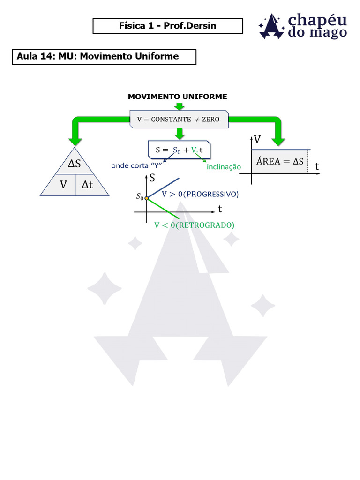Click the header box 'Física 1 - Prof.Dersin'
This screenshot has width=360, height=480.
pyautogui.click(x=168, y=26)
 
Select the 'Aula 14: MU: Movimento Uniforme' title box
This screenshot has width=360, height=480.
pyautogui.click(x=104, y=57)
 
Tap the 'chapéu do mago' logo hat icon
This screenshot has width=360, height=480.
pyautogui.click(x=271, y=27)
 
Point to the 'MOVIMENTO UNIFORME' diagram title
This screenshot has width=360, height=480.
pyautogui.click(x=177, y=97)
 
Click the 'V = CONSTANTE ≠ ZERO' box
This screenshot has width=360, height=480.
pyautogui.click(x=178, y=119)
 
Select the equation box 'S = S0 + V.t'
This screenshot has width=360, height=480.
pyautogui.click(x=179, y=150)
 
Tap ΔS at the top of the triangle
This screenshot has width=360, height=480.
pyautogui.click(x=75, y=164)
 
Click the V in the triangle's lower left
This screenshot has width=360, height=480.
pyautogui.click(x=63, y=185)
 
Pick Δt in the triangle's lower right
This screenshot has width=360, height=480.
pyautogui.click(x=87, y=185)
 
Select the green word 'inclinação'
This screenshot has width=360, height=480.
pyautogui.click(x=224, y=167)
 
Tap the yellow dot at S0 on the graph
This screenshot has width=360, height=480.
pyautogui.click(x=146, y=199)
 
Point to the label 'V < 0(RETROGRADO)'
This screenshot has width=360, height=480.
pyautogui.click(x=194, y=225)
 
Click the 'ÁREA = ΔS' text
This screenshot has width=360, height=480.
pyautogui.click(x=280, y=162)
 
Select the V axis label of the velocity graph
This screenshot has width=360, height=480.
pyautogui.click(x=257, y=139)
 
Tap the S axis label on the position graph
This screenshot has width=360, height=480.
pyautogui.click(x=152, y=178)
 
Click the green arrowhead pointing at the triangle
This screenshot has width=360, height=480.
pyautogui.click(x=75, y=141)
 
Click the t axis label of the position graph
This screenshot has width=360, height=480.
pyautogui.click(x=220, y=209)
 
